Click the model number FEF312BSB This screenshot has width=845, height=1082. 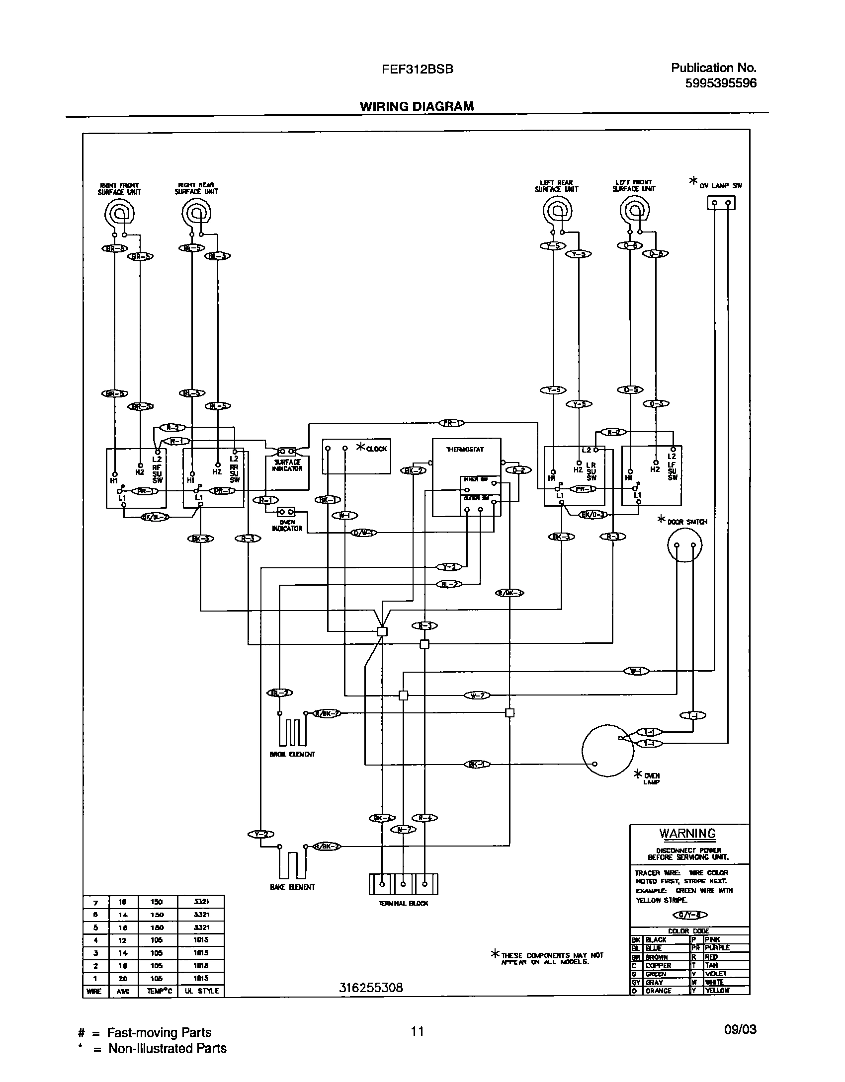pyautogui.click(x=417, y=70)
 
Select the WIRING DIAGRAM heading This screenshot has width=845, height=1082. pyautogui.click(x=417, y=106)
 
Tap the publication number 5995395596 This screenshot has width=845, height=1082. pyautogui.click(x=721, y=83)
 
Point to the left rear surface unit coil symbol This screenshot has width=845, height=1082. pyautogui.click(x=557, y=212)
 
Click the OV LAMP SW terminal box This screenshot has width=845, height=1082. pyautogui.click(x=721, y=203)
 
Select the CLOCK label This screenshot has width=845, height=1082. pyautogui.click(x=376, y=449)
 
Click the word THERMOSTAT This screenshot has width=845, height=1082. pyautogui.click(x=465, y=449)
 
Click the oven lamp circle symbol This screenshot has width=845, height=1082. pyautogui.click(x=608, y=750)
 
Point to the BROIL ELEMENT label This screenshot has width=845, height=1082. pyautogui.click(x=292, y=754)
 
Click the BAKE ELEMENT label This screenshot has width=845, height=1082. pyautogui.click(x=292, y=887)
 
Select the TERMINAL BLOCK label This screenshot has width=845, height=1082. pyautogui.click(x=403, y=903)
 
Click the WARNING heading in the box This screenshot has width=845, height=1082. pyautogui.click(x=687, y=833)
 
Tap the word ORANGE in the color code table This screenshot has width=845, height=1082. pyautogui.click(x=658, y=991)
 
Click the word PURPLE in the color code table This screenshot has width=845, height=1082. pyautogui.click(x=717, y=948)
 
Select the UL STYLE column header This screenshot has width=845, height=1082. pyautogui.click(x=201, y=991)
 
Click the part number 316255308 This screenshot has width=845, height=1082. pyautogui.click(x=371, y=988)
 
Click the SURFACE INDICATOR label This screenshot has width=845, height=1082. pyautogui.click(x=287, y=465)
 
